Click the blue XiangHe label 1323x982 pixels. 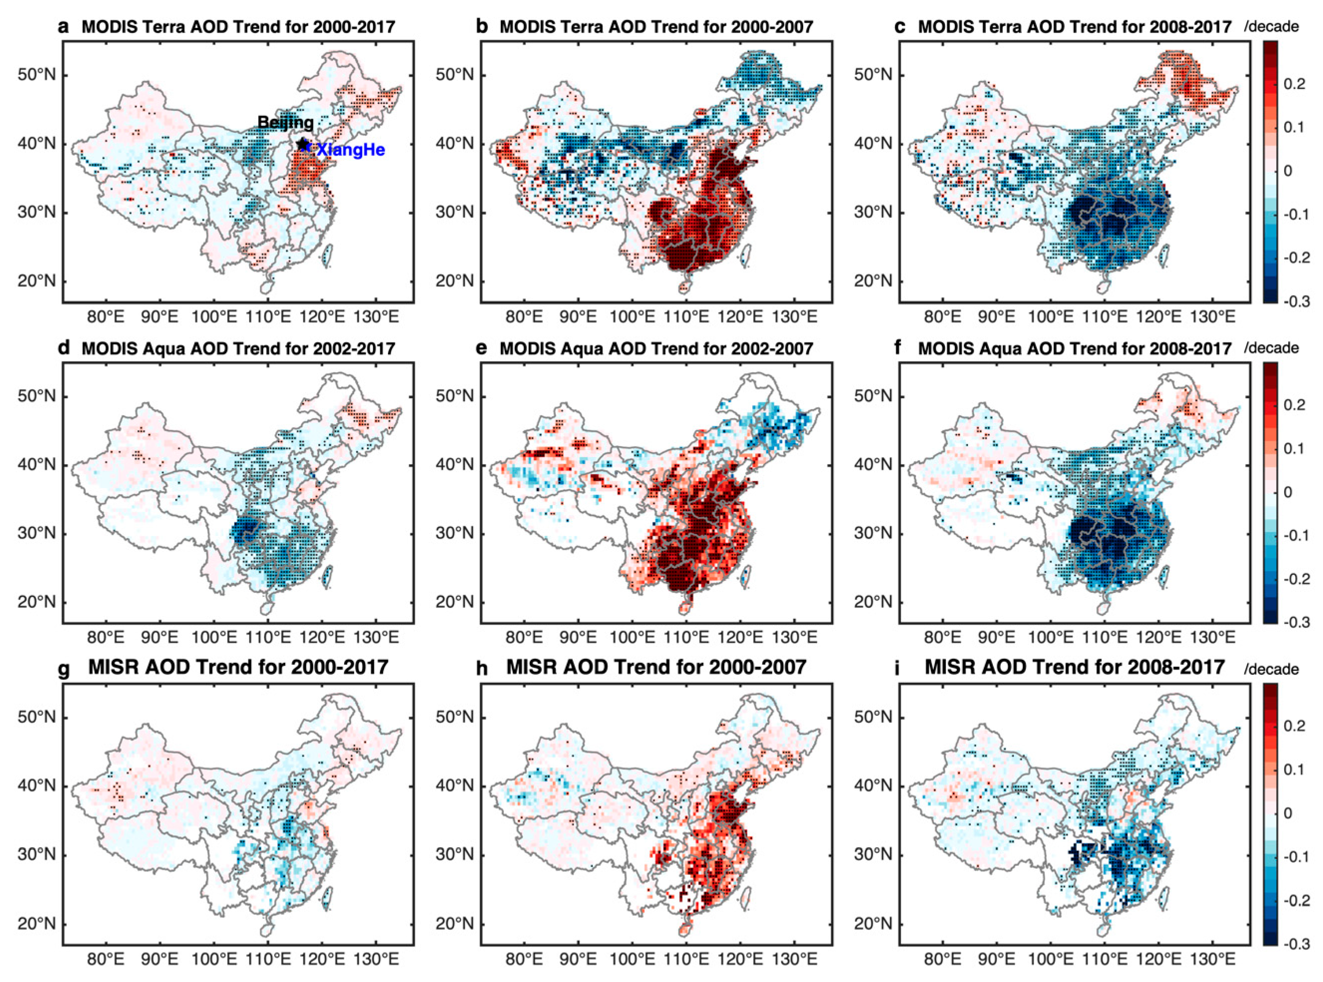[350, 150]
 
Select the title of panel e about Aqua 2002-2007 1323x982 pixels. [656, 348]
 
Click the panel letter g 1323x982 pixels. [64, 669]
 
